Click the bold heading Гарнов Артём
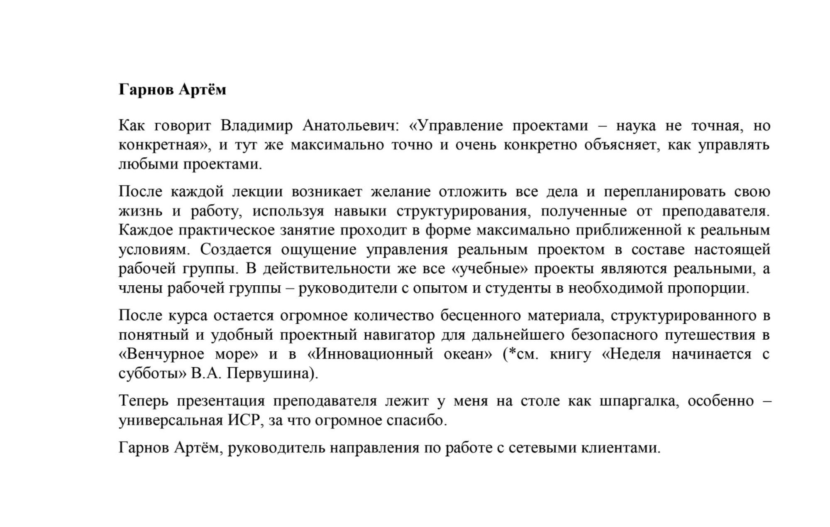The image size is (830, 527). pyautogui.click(x=172, y=90)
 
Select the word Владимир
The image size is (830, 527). pyautogui.click(x=256, y=125)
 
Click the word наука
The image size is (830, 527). pyautogui.click(x=635, y=125)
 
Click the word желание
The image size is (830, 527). pyautogui.click(x=400, y=192)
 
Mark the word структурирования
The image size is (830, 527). pyautogui.click(x=463, y=211)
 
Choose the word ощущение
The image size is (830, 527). pyautogui.click(x=318, y=250)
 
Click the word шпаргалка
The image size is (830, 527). pyautogui.click(x=639, y=401)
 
